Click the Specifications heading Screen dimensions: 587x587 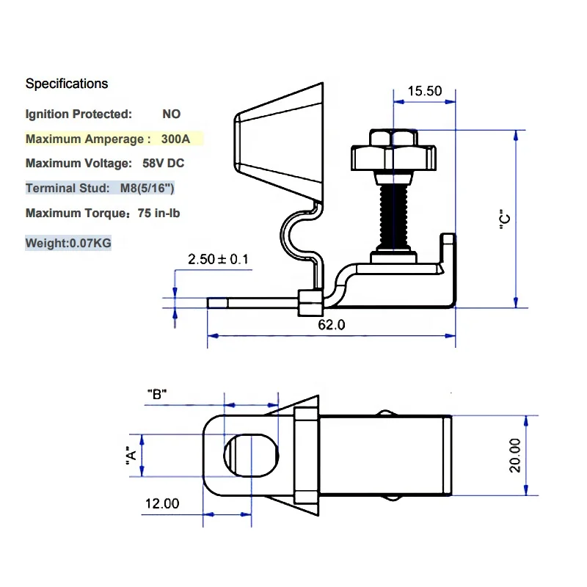pyautogui.click(x=67, y=84)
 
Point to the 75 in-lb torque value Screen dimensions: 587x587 pyautogui.click(x=155, y=214)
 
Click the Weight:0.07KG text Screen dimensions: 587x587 pyautogui.click(x=68, y=243)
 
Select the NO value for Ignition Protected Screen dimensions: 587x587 pyautogui.click(x=171, y=114)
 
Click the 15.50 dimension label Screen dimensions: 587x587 pyautogui.click(x=425, y=91)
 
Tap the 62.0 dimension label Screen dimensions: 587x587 pyautogui.click(x=331, y=324)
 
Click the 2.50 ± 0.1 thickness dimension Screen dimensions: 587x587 pyautogui.click(x=218, y=259)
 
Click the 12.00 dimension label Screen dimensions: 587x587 pyautogui.click(x=161, y=503)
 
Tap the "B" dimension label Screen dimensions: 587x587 pyautogui.click(x=157, y=394)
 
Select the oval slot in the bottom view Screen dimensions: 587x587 pyautogui.click(x=252, y=455)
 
